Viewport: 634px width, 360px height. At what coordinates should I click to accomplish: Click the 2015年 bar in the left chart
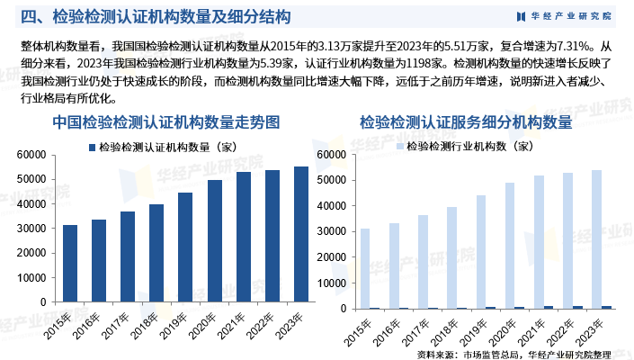70,266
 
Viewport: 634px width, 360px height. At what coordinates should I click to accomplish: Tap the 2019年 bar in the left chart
185,251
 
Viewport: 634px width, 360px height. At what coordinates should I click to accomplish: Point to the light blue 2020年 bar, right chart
509,246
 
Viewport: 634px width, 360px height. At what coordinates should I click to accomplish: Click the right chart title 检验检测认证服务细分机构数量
466,121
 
